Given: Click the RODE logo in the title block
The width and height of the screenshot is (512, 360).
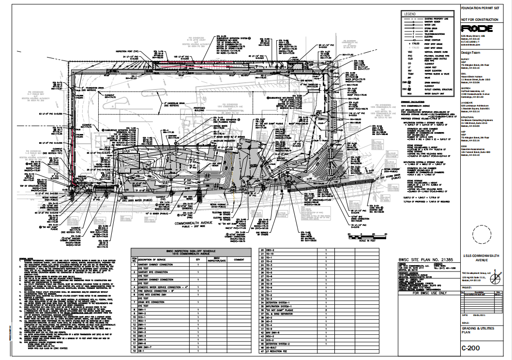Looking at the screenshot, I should [x=477, y=29].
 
